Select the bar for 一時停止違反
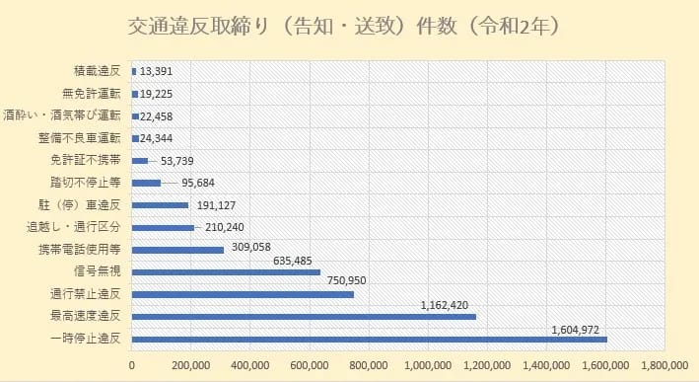(x=369, y=339)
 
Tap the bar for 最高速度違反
(x=304, y=316)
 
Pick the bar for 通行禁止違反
(x=243, y=294)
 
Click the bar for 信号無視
(x=226, y=271)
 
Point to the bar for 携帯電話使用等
(x=177, y=250)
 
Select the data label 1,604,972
(x=569, y=329)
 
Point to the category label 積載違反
(x=97, y=71)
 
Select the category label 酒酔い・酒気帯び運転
(x=63, y=115)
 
